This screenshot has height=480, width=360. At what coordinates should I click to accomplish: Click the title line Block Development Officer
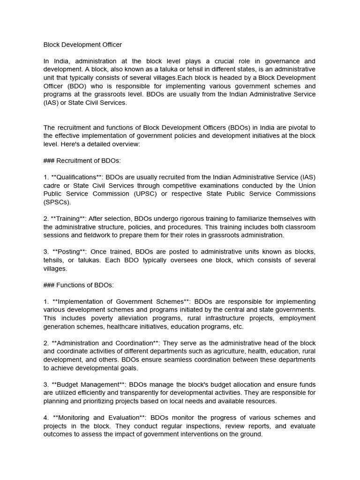point(82,45)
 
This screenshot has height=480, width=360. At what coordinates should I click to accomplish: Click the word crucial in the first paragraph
point(217,61)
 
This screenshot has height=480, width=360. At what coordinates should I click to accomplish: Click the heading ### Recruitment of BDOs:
point(82,160)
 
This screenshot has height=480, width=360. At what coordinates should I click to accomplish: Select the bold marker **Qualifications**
point(78,177)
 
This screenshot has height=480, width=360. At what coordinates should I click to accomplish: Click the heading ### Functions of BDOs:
point(79,285)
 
